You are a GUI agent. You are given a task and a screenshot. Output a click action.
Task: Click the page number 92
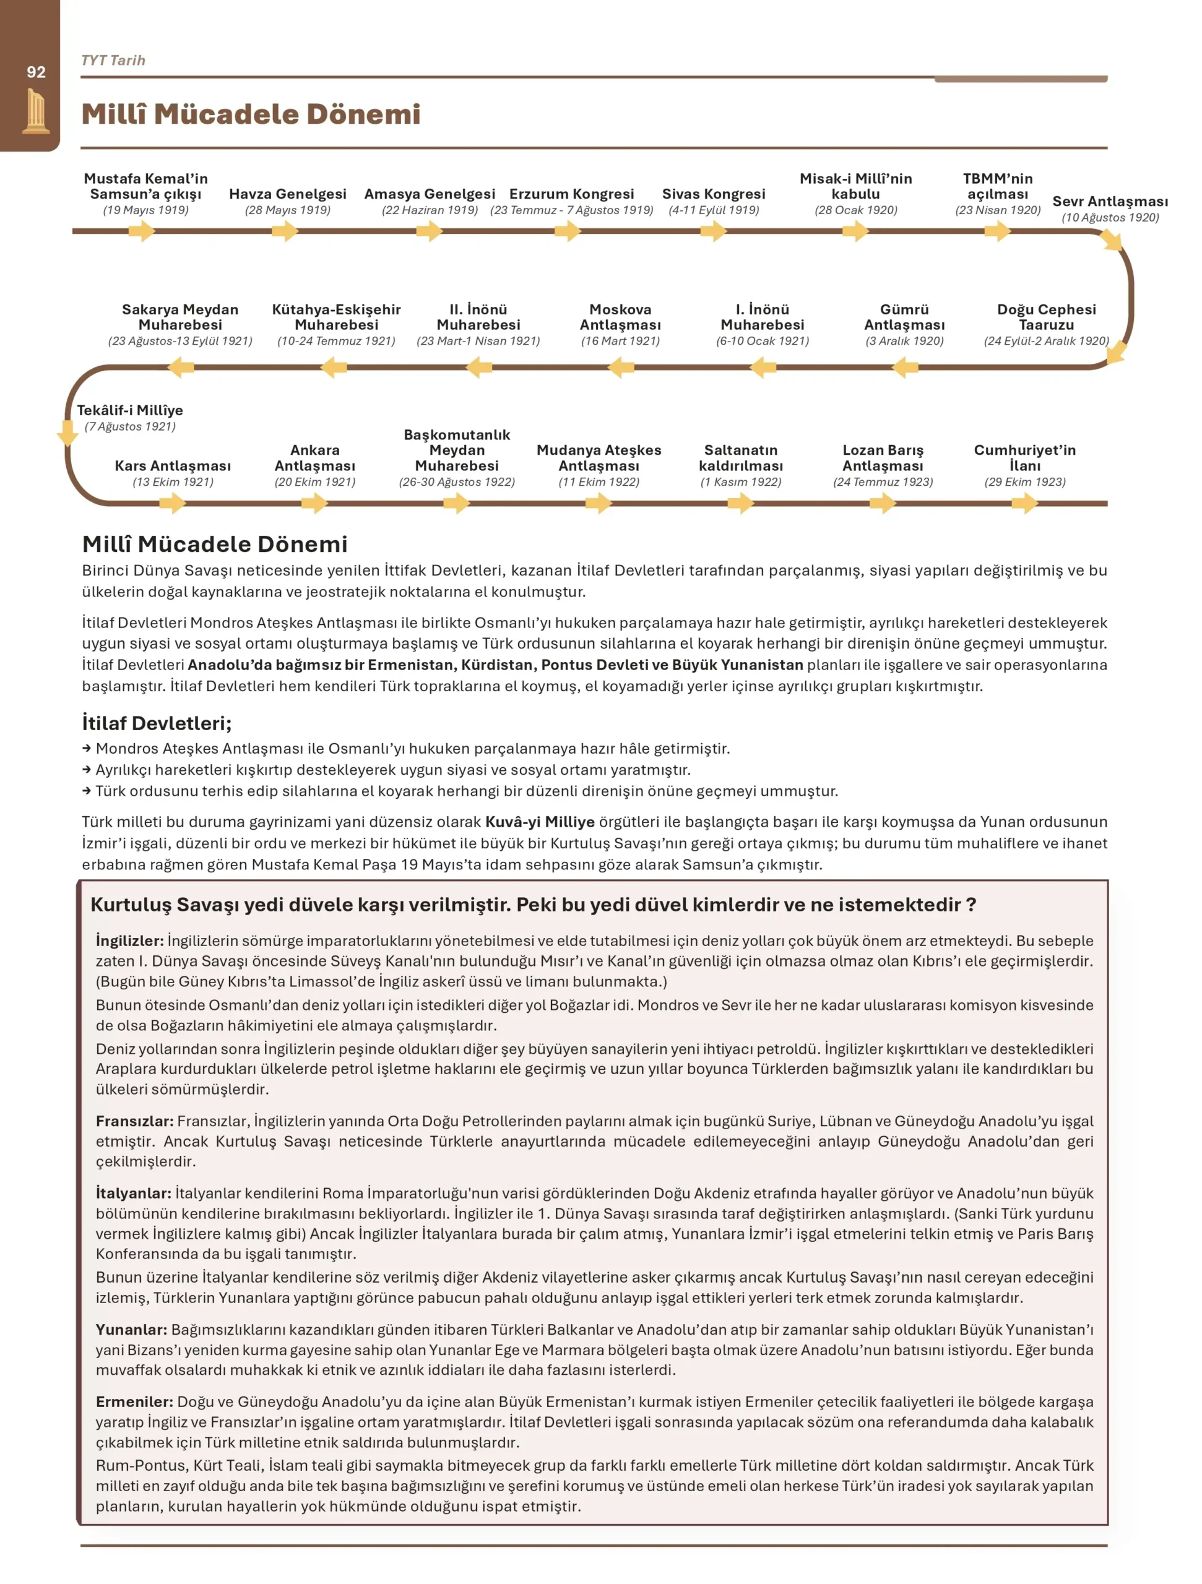pos(36,72)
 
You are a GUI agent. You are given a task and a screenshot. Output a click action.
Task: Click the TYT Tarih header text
pos(113,60)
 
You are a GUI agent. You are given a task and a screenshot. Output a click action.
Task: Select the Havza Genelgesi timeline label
pos(287,194)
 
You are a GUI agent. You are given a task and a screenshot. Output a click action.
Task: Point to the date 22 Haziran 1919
pos(430,210)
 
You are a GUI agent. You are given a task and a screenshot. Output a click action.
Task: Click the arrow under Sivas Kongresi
pos(714,231)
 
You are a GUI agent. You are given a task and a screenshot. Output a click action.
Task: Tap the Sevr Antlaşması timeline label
pos(1110,202)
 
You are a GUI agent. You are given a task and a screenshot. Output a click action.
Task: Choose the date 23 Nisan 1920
pos(997,210)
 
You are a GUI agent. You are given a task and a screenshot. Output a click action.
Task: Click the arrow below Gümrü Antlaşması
pos(905,368)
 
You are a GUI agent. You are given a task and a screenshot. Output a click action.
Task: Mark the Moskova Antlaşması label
pos(620,317)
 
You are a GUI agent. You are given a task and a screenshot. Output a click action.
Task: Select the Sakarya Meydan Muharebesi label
pos(179,317)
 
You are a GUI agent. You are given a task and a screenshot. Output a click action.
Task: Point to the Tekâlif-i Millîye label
pos(129,410)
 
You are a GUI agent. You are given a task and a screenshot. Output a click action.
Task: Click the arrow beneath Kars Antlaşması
pos(173,504)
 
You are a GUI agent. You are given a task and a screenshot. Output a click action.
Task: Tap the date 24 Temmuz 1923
pos(883,482)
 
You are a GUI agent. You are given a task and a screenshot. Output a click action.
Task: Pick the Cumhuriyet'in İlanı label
pos(1024,458)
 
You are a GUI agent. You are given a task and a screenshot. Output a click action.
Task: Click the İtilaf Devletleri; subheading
pos(157,723)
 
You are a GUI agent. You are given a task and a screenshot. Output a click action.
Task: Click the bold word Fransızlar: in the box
pos(135,1121)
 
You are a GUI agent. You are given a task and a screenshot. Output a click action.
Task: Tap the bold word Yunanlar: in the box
pos(132,1330)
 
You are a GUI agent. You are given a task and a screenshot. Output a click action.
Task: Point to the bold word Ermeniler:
pos(135,1402)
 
